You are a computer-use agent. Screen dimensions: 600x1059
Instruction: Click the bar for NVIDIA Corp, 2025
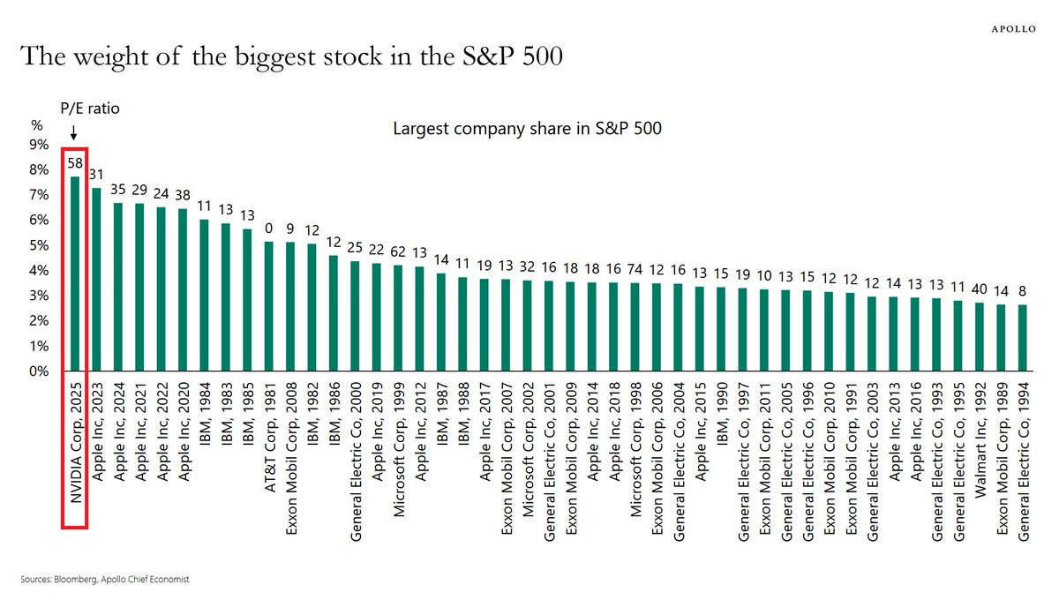(x=75, y=274)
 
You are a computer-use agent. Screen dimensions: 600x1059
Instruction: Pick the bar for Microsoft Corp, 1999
(x=398, y=318)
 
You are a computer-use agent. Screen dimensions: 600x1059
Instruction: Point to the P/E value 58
(x=75, y=163)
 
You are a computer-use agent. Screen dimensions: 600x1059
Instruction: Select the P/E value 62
(x=398, y=251)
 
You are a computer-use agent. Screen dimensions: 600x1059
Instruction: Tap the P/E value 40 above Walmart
(x=980, y=289)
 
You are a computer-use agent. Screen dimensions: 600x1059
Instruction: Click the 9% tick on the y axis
(x=40, y=145)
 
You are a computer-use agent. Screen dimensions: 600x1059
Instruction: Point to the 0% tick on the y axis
(x=40, y=371)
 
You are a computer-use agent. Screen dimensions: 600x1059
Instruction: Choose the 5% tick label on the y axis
(x=40, y=246)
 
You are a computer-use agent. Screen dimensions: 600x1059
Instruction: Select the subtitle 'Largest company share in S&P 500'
(x=527, y=129)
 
